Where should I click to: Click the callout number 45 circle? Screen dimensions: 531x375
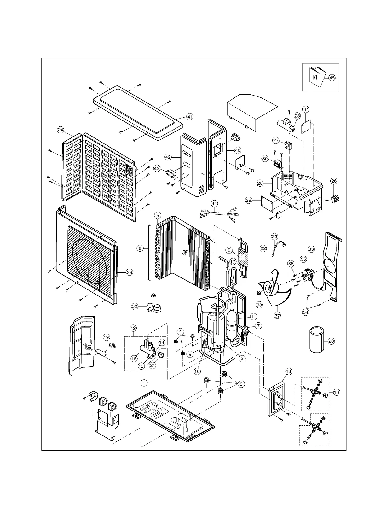coord(332,77)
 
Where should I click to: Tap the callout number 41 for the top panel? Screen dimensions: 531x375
coord(190,117)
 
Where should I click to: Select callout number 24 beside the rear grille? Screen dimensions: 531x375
coord(61,129)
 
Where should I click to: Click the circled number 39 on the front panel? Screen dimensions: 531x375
coord(129,273)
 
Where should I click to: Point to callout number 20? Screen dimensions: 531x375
coord(331,341)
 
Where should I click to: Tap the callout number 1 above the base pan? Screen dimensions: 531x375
coord(144,383)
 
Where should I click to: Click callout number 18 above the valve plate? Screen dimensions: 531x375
coord(289,371)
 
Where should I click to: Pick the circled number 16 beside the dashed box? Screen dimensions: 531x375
coord(337,392)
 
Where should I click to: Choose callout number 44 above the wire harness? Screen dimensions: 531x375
coord(214,204)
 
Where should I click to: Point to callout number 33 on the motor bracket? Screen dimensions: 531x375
coord(311,249)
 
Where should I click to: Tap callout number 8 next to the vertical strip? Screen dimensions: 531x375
coord(140,248)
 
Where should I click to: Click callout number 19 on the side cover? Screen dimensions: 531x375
coord(107,337)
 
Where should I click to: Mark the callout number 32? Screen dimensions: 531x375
coord(135,306)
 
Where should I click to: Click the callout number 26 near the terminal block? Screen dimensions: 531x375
coord(334,181)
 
